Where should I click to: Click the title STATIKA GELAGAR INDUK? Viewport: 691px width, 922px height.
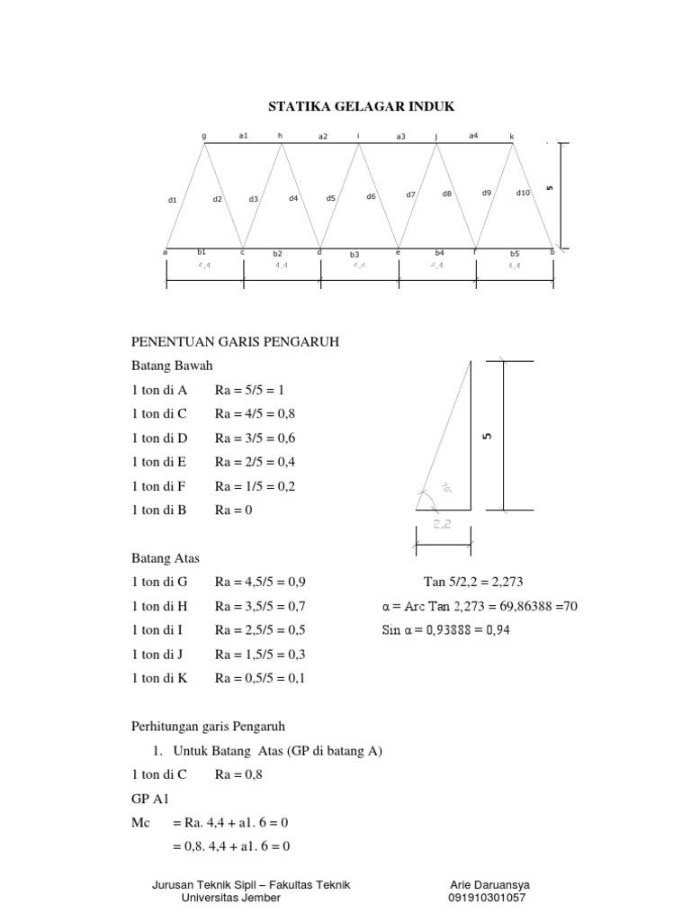(362, 107)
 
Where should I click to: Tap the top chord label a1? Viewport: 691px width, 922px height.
(243, 135)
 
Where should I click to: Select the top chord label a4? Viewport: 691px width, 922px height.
(473, 135)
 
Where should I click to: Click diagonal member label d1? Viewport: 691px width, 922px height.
(173, 200)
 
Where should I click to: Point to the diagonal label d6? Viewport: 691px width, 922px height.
(371, 195)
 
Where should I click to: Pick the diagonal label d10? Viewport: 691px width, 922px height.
(523, 193)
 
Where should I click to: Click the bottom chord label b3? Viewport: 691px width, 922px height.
(354, 255)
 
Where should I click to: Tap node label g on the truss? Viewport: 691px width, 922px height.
(204, 136)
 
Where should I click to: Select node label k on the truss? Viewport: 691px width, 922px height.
(512, 136)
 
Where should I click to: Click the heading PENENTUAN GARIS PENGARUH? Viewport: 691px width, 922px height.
(235, 342)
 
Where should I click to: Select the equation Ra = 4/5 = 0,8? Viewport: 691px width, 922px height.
(255, 414)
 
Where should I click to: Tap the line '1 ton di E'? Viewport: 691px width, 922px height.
(159, 462)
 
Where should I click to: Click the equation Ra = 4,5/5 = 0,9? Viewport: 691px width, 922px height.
(260, 583)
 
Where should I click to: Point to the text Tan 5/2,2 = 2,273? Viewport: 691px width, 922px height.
(472, 583)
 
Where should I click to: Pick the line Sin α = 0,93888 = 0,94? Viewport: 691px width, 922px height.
(445, 630)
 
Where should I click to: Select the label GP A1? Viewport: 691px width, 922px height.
(149, 799)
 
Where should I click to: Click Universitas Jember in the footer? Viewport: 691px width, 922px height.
(230, 898)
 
